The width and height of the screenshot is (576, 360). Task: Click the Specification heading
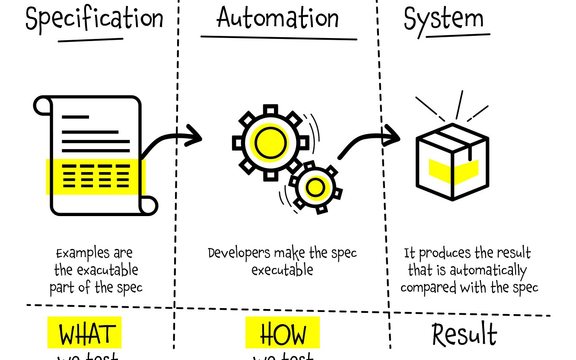pos(95,19)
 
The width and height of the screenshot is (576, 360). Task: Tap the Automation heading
pos(277,18)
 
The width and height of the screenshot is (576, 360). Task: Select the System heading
pos(443,19)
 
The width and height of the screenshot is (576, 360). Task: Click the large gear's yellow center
pos(270,143)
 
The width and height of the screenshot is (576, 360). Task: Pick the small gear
pos(315,188)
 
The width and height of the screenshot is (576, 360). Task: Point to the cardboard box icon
pos(452,162)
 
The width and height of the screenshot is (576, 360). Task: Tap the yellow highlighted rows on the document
pos(95,176)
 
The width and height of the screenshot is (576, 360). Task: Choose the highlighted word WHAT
pos(85,333)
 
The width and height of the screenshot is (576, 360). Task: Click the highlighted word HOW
pos(283,333)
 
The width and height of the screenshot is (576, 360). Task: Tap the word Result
pos(465,335)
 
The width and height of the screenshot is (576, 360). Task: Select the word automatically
pos(488,271)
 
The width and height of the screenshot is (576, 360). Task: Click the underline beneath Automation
pos(279,38)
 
